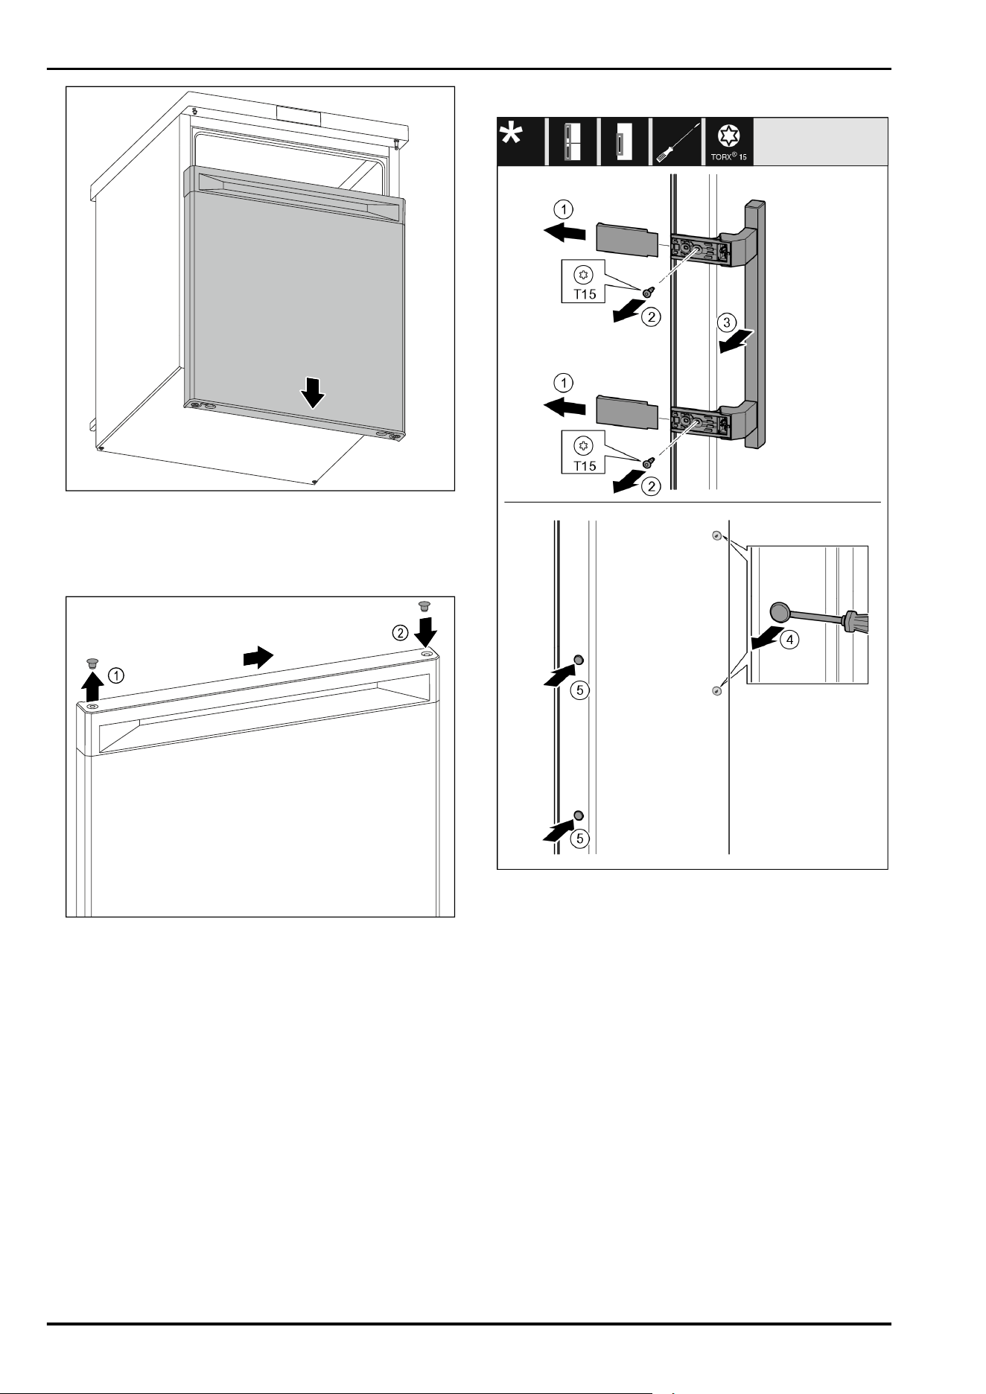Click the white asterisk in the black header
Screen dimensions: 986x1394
coord(511,135)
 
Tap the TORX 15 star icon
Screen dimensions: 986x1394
coord(727,136)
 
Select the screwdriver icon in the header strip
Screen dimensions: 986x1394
coord(677,141)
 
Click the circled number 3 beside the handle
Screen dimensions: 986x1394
coord(727,322)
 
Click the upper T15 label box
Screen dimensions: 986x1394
coord(585,281)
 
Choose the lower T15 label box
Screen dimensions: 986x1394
coord(585,453)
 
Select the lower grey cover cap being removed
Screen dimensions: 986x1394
coord(627,413)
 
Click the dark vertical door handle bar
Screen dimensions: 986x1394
coord(755,324)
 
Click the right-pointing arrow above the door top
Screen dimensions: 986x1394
coord(258,658)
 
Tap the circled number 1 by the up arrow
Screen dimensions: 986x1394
coord(116,675)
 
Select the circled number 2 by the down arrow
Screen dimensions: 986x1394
coord(401,633)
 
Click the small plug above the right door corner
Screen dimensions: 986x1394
coord(425,605)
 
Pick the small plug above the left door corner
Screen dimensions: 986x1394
coord(92,663)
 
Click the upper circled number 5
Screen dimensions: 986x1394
coord(580,690)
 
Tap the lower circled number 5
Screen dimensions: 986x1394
coord(580,838)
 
